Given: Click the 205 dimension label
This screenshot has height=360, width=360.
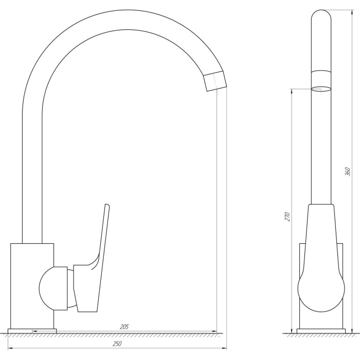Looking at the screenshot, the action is point(124,327).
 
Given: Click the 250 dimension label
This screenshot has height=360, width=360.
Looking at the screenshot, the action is point(117,344).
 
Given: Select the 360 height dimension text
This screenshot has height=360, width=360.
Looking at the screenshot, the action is point(348,172).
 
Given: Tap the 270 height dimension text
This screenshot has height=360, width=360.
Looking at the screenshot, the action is point(287,217).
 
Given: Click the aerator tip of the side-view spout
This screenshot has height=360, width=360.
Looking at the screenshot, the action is point(215,81).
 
